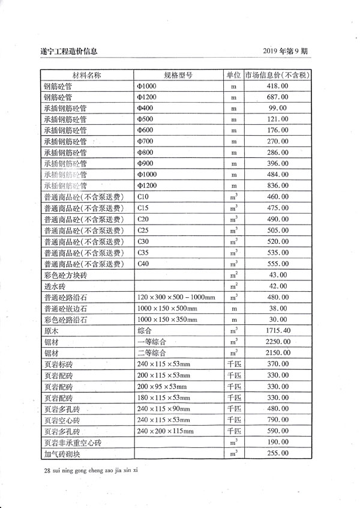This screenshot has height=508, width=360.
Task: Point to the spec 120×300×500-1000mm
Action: click(176, 297)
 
